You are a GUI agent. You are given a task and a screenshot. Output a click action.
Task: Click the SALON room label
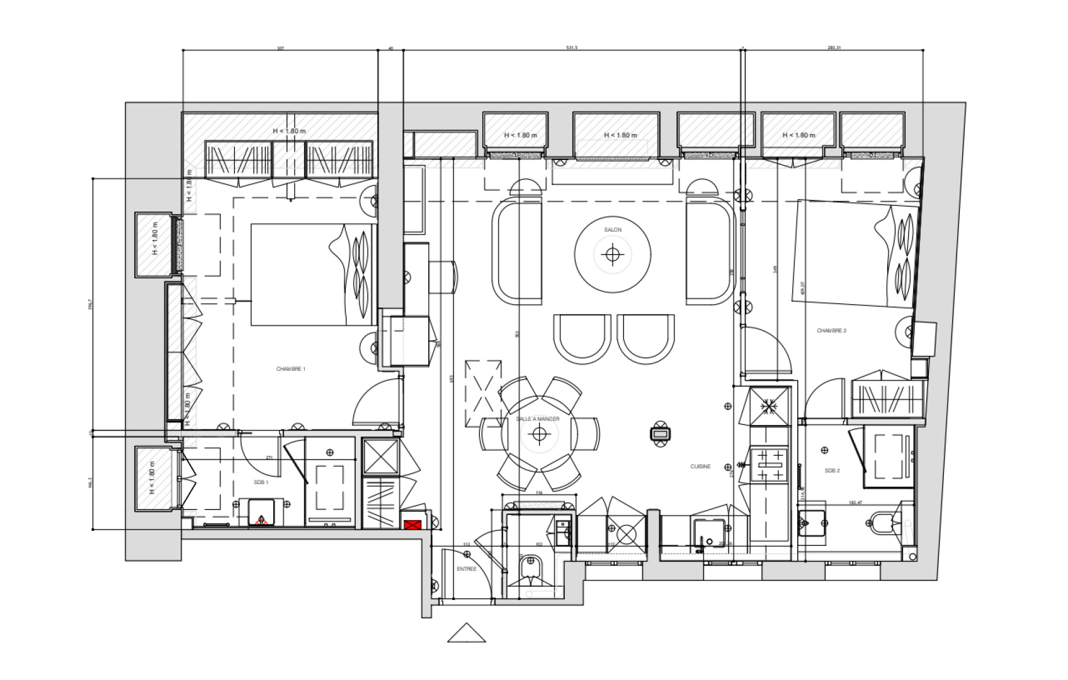point(612,230)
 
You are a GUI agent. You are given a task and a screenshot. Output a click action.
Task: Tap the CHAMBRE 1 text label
point(290,369)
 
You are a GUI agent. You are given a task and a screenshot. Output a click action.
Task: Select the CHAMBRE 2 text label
point(831,331)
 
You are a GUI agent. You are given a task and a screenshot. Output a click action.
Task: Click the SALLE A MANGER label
point(537,419)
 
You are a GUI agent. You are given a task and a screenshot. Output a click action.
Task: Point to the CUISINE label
point(700,467)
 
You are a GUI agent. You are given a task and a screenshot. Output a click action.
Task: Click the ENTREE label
point(466,569)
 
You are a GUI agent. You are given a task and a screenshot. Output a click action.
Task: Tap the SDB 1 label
point(261,482)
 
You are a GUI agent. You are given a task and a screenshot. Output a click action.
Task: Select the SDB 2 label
point(832,470)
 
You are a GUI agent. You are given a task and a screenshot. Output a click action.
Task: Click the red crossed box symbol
point(412,524)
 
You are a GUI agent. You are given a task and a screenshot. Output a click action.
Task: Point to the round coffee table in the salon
point(612,254)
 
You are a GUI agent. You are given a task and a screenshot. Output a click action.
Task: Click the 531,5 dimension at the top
point(571,47)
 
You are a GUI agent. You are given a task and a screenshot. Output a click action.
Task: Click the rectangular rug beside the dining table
point(483,394)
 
